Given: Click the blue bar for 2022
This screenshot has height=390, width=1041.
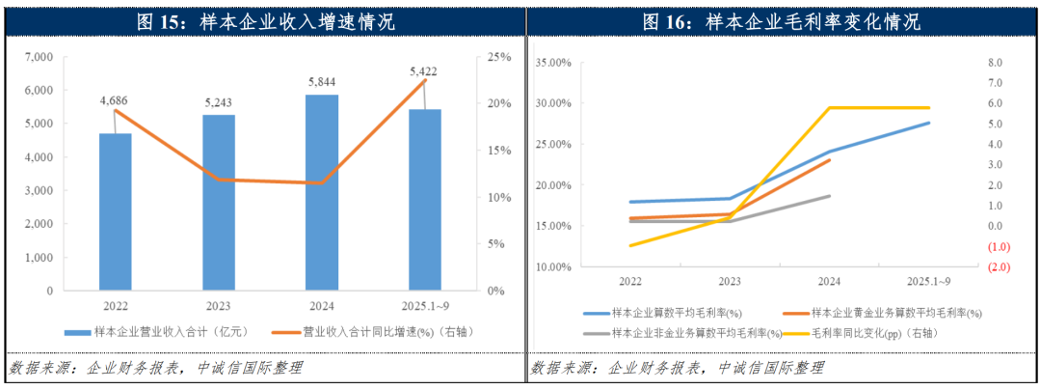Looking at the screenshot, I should (x=115, y=211).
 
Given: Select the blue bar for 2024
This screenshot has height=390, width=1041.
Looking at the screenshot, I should (x=322, y=192).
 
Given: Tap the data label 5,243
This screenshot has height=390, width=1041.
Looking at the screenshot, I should (x=219, y=101).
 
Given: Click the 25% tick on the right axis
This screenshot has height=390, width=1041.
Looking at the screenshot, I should (x=498, y=57).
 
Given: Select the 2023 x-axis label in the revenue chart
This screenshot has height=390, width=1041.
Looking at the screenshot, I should (x=219, y=306).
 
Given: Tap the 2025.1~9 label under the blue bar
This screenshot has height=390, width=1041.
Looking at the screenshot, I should (x=425, y=306).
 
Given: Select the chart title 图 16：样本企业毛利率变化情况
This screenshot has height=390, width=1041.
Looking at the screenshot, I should (x=783, y=21).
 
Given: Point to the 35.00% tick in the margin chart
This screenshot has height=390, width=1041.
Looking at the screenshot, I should (x=552, y=63).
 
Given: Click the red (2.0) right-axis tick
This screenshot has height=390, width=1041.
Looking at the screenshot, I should (x=994, y=267).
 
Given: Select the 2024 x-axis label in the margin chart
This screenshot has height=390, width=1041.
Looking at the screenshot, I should (x=829, y=281).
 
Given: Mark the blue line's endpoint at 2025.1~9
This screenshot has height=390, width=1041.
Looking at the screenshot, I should (x=929, y=123).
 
